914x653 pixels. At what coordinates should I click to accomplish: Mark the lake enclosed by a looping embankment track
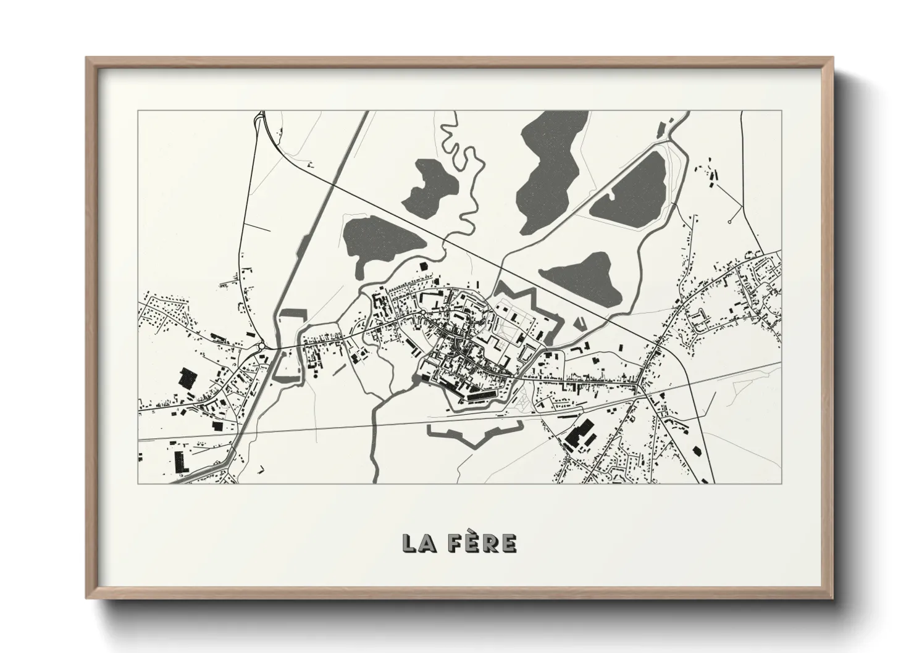(629, 185)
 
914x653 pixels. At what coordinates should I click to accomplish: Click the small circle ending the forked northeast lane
(730, 221)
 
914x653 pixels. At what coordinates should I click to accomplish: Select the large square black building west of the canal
(188, 378)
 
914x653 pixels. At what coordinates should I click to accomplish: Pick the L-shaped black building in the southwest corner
(180, 462)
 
